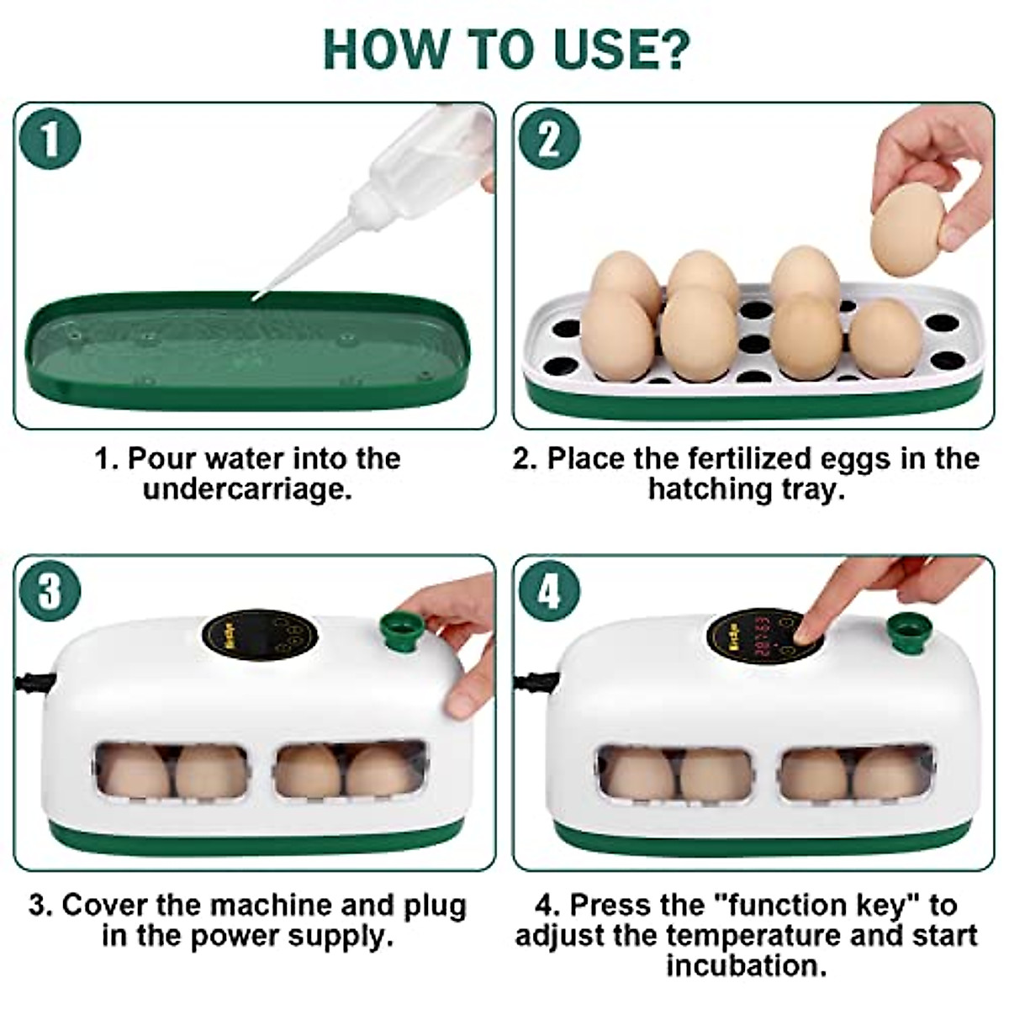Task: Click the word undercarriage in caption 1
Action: pos(247,489)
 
